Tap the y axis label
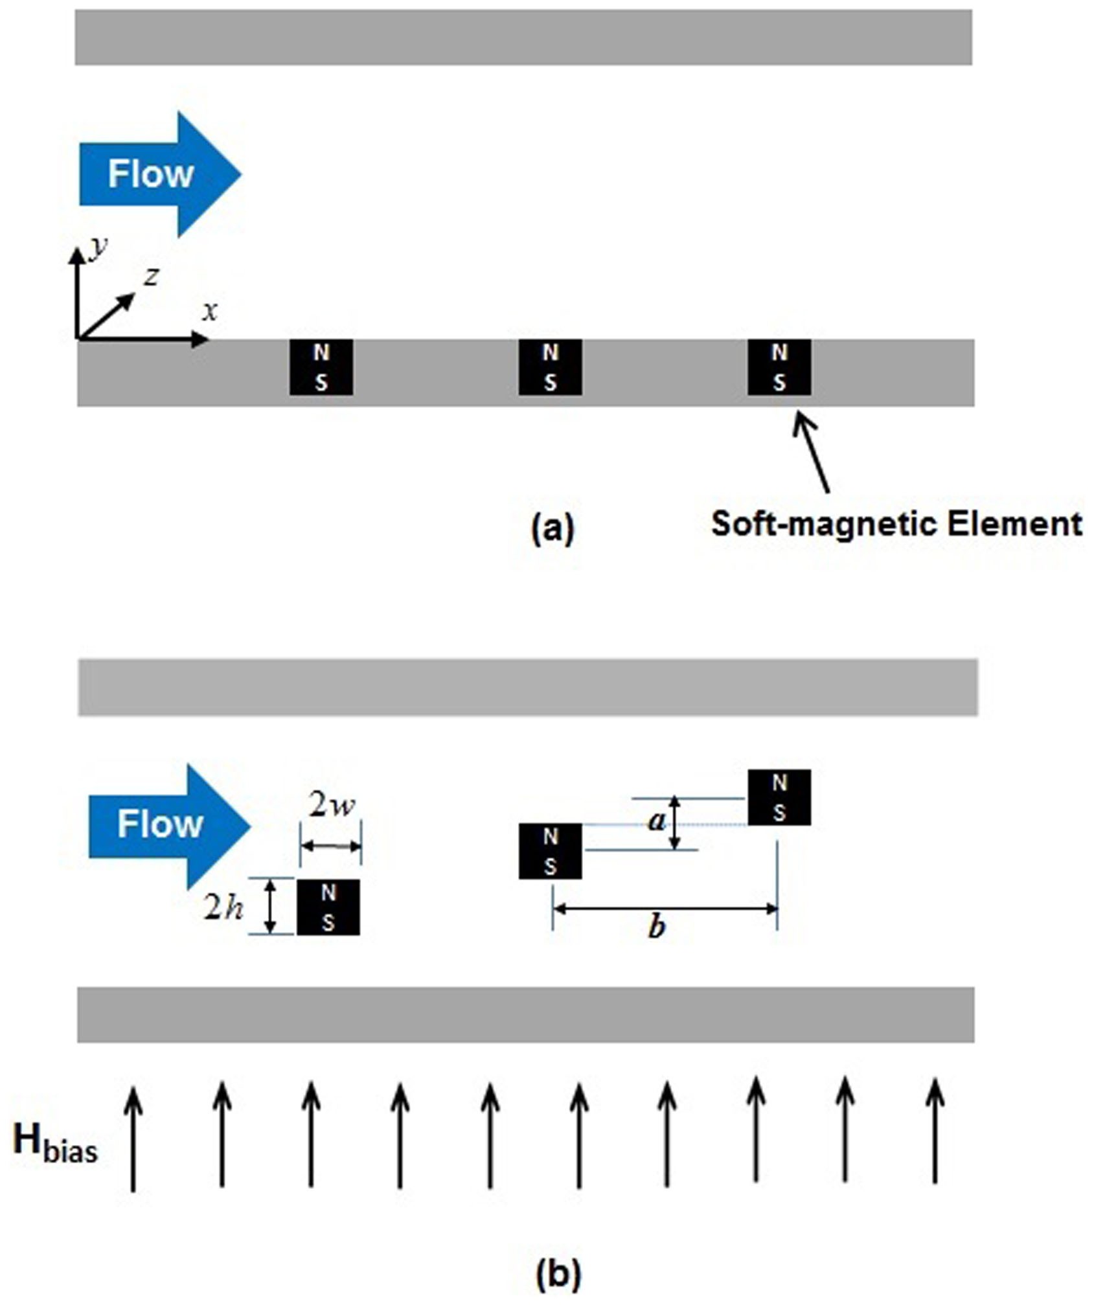coord(98,247)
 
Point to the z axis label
coord(152,277)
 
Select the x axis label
coord(209,312)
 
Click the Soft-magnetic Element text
coord(896,523)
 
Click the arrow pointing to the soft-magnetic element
coord(812,451)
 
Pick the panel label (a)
coord(553,528)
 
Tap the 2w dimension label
coord(332,806)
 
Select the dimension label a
coord(657,821)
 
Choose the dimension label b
coord(657,928)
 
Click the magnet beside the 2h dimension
coord(328,907)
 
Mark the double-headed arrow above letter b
coord(665,909)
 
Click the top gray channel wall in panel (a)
coord(523,37)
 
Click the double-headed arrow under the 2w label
coord(331,846)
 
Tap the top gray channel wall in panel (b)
coord(527,687)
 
